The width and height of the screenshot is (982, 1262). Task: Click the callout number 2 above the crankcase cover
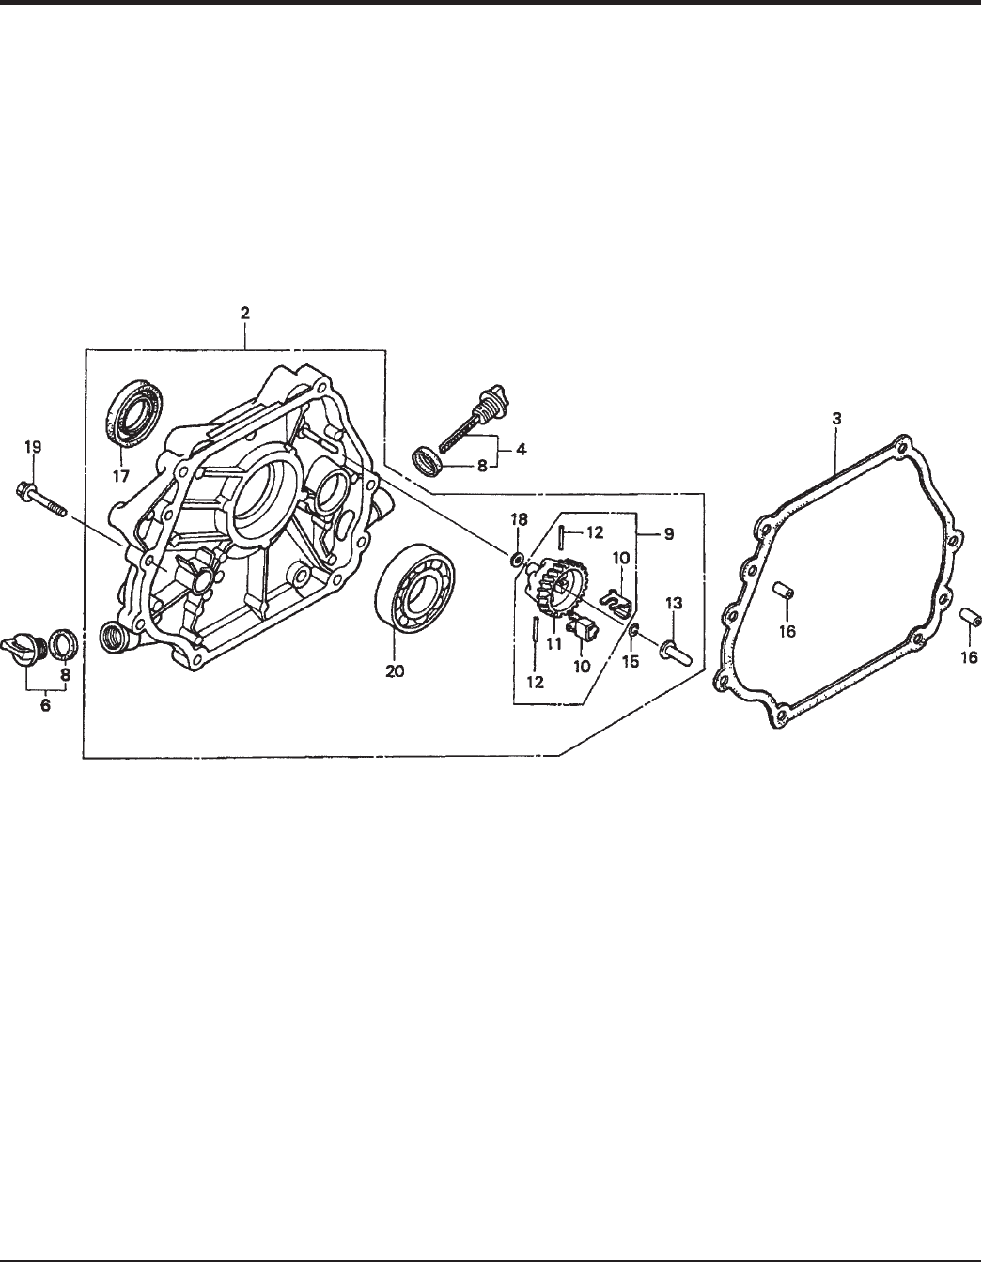pyautogui.click(x=244, y=314)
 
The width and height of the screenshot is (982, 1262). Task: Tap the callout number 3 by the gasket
pyautogui.click(x=835, y=415)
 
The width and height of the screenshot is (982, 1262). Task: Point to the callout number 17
pyautogui.click(x=121, y=476)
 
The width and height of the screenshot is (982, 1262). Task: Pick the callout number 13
pyautogui.click(x=673, y=601)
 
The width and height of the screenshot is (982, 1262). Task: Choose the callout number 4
pyautogui.click(x=520, y=449)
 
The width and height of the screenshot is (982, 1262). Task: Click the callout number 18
pyautogui.click(x=518, y=518)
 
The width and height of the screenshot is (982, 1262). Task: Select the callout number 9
pyautogui.click(x=668, y=533)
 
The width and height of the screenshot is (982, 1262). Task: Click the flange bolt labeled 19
pyautogui.click(x=42, y=499)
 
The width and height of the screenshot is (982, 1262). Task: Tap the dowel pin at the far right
pyautogui.click(x=969, y=621)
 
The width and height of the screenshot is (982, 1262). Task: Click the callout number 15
pyautogui.click(x=630, y=661)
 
